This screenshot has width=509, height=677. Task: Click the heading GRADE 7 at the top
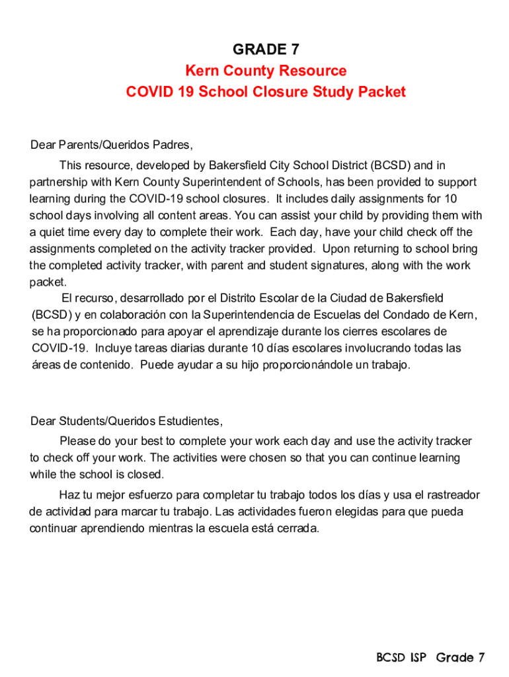pos(266,50)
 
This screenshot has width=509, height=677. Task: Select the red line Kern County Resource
pos(266,71)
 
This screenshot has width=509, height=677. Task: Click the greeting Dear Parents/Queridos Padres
pos(112,145)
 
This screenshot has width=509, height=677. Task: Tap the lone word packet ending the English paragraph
pos(44,282)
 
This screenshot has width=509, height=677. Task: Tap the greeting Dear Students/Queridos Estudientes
pos(126,421)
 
